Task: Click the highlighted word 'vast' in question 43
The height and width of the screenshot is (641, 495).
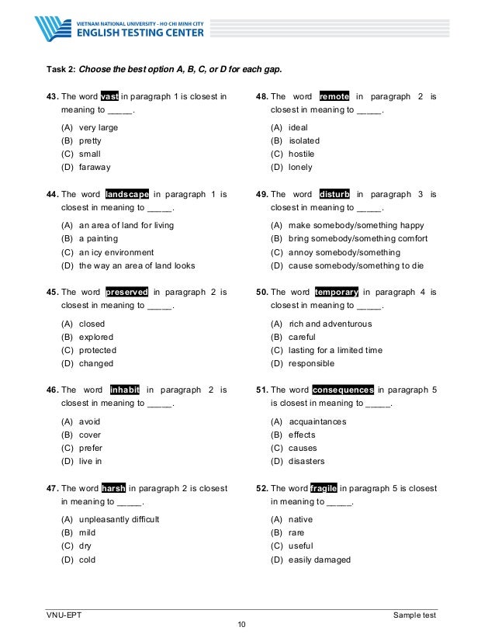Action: point(109,96)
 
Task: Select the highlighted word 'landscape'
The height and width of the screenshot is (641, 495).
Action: point(127,194)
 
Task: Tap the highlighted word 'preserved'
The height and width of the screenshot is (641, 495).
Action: point(127,292)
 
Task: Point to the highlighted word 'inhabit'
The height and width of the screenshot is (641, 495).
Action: point(124,390)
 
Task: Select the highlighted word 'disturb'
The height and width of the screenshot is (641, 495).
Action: point(335,194)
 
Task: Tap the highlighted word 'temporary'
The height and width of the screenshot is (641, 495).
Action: point(337,292)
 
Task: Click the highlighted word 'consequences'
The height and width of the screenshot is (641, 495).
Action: point(342,390)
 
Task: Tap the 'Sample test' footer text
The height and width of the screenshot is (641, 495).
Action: point(414,615)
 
